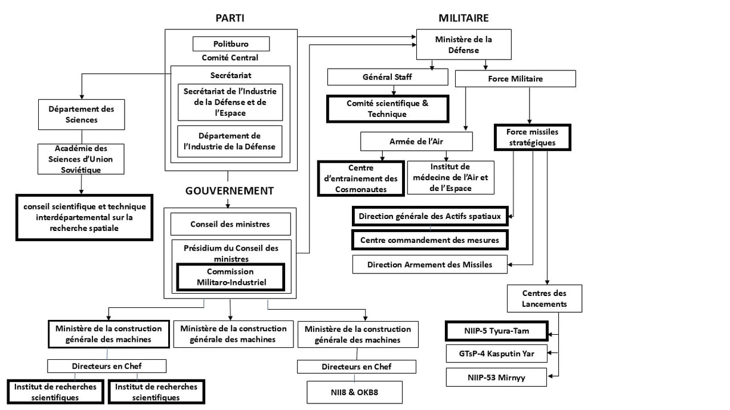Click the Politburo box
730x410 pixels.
point(231,44)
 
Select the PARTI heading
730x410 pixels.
point(230,18)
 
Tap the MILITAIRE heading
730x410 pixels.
point(463,18)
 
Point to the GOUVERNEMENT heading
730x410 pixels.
point(230,191)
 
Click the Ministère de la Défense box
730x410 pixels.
point(464,44)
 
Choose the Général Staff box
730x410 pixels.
point(388,77)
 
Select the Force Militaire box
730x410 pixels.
point(515,79)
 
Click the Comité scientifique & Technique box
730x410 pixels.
point(388,109)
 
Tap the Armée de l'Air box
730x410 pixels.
point(416,141)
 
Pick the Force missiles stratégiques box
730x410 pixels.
point(533,137)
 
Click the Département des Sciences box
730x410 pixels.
point(82,115)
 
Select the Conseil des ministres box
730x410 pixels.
point(230,224)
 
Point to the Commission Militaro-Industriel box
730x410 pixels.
point(231,277)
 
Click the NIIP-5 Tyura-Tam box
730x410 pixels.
point(497,331)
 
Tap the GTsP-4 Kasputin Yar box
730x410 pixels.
point(497,353)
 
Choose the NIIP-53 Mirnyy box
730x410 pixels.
point(496,377)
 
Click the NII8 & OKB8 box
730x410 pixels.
point(355,392)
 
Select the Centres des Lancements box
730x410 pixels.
point(545,298)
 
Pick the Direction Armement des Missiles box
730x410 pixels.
point(430,264)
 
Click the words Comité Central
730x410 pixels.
point(230,58)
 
